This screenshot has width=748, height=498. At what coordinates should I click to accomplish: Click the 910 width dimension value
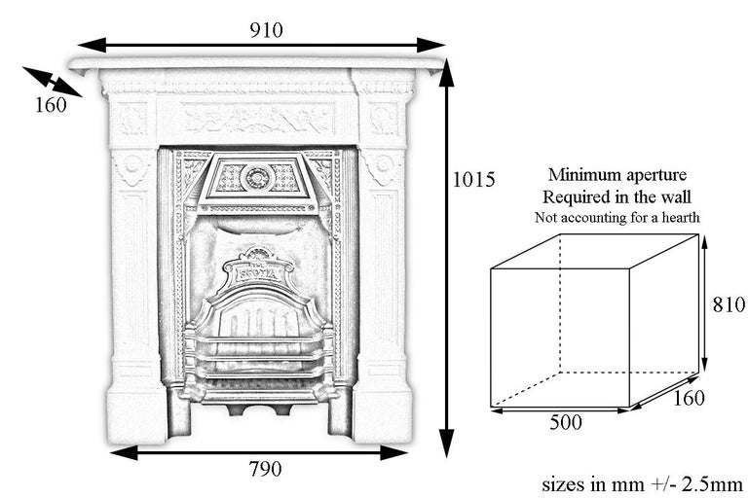265,30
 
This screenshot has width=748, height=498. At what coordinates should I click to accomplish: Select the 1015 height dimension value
475,180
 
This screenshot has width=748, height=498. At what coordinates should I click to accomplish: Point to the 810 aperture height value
729,304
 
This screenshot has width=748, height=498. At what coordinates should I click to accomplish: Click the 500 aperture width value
566,423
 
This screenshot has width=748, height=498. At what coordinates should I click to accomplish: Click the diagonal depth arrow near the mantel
52,82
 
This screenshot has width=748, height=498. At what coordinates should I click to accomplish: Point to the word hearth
679,218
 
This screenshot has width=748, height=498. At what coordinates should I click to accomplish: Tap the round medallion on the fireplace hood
258,177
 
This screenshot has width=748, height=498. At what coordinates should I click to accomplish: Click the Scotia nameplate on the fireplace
258,273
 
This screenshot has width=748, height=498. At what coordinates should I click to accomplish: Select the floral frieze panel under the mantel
258,119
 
